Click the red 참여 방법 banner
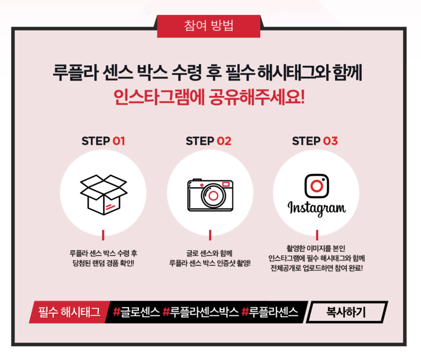tap(209, 26)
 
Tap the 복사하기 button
tap(346, 312)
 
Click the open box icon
tap(103, 195)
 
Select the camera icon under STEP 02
tap(210, 195)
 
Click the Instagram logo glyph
tap(316, 186)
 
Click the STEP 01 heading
tap(103, 141)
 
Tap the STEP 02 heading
tap(209, 141)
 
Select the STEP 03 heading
tap(315, 141)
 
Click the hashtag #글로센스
tap(136, 312)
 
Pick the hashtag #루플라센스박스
tap(200, 312)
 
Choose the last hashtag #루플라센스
tap(270, 312)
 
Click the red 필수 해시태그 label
tap(69, 312)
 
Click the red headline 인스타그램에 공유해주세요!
tap(209, 97)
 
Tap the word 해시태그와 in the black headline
tap(293, 72)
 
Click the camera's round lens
tap(214, 196)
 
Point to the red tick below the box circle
tap(103, 235)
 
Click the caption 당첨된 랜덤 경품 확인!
tap(103, 263)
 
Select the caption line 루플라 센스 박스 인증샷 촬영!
tap(210, 263)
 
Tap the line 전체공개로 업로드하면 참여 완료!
tap(317, 268)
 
